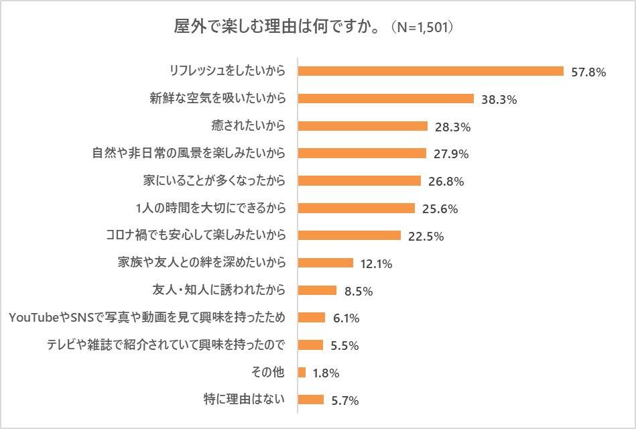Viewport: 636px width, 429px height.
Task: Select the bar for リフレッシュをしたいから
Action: point(430,71)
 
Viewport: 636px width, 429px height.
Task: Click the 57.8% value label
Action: point(588,72)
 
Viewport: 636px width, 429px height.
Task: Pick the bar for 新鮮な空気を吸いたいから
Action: point(385,99)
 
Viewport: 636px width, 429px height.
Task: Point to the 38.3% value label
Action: point(499,99)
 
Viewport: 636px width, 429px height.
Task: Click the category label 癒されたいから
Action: point(248,126)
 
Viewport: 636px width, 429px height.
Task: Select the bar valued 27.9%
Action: point(362,154)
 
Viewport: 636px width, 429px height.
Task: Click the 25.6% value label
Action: point(440,209)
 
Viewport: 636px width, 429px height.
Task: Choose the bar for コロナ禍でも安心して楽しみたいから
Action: point(349,236)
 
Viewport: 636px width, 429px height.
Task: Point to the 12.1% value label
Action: point(376,264)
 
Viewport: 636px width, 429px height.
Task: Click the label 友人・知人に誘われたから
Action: point(220,290)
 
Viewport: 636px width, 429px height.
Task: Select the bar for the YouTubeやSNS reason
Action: point(311,318)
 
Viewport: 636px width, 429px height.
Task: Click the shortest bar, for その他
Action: point(302,372)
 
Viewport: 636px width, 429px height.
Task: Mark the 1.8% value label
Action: point(326,373)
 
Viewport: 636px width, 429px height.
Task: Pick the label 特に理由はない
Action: point(244,400)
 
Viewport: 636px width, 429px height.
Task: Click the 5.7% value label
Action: point(345,401)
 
